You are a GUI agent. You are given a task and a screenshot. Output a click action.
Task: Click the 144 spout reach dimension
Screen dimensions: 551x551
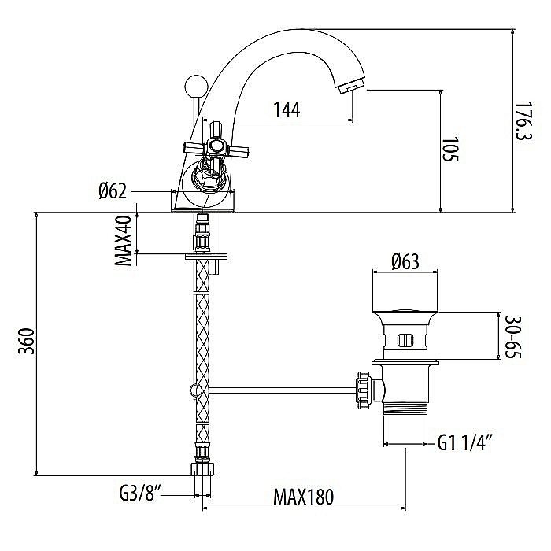287,110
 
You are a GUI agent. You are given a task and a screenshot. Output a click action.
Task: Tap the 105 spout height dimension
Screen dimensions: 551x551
449,149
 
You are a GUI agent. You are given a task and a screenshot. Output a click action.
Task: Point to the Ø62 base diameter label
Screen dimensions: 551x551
114,191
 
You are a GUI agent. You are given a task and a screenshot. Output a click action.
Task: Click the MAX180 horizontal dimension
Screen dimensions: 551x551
304,497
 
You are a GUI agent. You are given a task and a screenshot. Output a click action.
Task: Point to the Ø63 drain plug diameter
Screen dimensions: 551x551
405,261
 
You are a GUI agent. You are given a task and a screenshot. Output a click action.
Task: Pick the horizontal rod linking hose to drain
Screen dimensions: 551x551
275,388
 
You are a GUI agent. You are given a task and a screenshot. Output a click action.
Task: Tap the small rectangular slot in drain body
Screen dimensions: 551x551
405,340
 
